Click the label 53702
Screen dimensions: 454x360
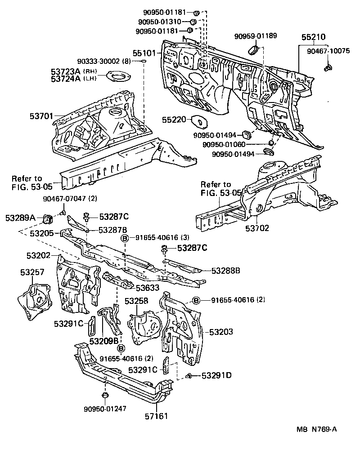(x=257, y=228)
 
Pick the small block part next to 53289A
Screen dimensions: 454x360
(x=46, y=219)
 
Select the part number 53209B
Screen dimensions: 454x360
(x=103, y=341)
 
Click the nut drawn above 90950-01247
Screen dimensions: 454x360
(x=104, y=395)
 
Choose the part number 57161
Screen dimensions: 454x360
(x=156, y=416)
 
